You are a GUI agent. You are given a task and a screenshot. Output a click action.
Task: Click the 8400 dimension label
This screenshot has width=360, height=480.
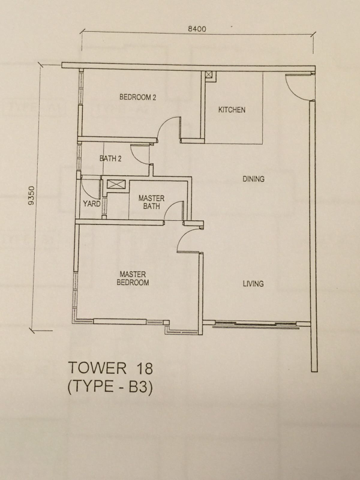pos(197,29)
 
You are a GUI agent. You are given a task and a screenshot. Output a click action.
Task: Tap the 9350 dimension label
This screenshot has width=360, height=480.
pos(31,196)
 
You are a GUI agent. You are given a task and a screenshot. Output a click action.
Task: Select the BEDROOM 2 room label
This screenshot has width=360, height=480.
pos(138,97)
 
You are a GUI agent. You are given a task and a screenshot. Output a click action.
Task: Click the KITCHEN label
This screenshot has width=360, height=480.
pos(232,110)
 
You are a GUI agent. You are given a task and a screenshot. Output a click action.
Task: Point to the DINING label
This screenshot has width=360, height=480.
pos(253,179)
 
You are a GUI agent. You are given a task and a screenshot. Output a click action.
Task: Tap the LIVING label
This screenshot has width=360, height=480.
pos(253,284)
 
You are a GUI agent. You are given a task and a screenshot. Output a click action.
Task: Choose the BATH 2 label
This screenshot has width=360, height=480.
pos(110,158)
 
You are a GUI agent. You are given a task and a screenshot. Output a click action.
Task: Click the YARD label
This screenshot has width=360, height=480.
pos(92,203)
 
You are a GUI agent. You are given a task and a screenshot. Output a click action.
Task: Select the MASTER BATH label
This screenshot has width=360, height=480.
pos(152,202)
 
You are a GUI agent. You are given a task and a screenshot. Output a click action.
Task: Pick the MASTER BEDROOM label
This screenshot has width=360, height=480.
pos(133,278)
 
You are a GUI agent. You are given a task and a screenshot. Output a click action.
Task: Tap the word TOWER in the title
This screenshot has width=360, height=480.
pos(97,368)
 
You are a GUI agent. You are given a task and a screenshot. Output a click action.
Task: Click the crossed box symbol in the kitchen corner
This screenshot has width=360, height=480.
pos(208,74)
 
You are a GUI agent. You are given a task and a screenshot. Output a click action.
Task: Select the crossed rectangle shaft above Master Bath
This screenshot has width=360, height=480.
pos(116,184)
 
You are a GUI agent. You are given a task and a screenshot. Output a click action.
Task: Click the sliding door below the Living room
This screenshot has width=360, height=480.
pos(256,325)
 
